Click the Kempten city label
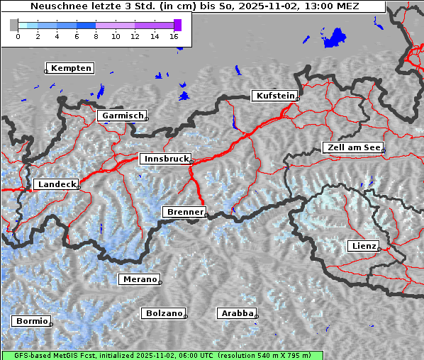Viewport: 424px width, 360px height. (71, 68)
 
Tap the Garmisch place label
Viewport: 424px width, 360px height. (123, 115)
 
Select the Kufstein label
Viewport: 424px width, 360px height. (274, 96)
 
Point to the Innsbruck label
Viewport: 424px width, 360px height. (165, 159)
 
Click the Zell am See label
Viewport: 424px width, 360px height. (352, 147)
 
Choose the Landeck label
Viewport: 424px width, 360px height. (55, 184)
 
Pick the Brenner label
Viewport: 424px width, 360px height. (184, 212)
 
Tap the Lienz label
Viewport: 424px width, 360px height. (363, 246)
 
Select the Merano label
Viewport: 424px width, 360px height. (140, 279)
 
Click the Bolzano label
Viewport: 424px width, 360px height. (164, 313)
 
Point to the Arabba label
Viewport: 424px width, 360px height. (237, 313)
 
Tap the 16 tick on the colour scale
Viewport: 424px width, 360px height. (174, 36)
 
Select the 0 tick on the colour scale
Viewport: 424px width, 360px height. (18, 36)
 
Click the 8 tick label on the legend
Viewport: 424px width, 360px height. (96, 36)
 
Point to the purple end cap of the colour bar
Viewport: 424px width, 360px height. (177, 25)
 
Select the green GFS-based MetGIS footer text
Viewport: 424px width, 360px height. (162, 355)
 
